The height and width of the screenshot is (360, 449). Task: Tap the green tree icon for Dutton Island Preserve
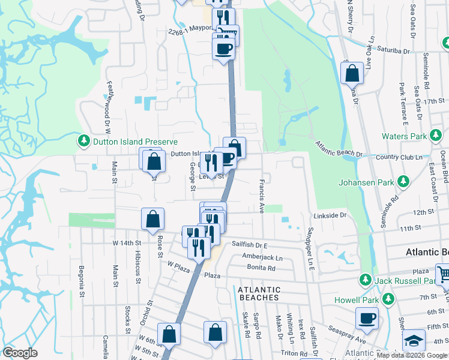click(x=83, y=142)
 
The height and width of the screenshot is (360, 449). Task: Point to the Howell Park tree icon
click(x=388, y=298)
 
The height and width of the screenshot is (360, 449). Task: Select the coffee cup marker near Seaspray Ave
click(x=367, y=319)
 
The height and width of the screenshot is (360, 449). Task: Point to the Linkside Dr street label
click(x=330, y=215)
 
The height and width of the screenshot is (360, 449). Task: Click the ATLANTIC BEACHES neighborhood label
click(x=259, y=293)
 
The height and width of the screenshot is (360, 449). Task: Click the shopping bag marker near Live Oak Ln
click(x=352, y=73)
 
